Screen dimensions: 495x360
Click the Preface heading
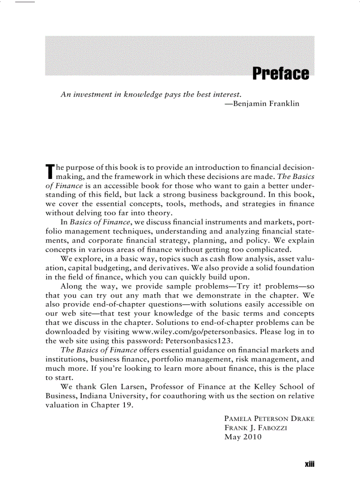pos(280,74)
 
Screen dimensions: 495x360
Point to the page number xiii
pos(308,465)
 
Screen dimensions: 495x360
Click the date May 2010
pos(243,437)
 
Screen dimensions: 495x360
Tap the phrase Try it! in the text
pos(246,286)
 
